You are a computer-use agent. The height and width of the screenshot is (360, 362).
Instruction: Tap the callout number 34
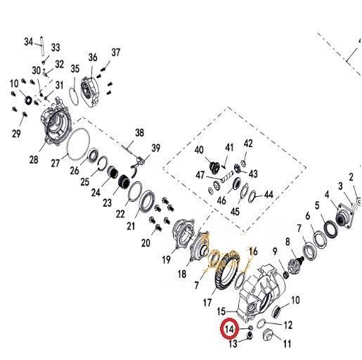(29, 41)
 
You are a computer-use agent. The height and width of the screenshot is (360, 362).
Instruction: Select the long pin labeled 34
(42, 46)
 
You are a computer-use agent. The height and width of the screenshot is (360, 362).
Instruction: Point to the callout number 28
(34, 160)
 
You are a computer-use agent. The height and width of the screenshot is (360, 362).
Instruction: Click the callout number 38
(139, 133)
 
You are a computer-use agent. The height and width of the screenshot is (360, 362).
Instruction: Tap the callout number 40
(199, 150)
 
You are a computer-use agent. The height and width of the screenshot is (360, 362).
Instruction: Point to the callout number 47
(200, 175)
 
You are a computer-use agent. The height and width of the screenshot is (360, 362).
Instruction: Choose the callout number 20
(146, 243)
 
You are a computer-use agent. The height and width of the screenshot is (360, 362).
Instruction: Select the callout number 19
(167, 259)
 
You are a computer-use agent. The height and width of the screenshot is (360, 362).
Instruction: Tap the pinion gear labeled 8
(296, 264)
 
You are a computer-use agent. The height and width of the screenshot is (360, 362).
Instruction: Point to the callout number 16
(253, 252)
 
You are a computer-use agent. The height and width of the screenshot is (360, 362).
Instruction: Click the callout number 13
(233, 344)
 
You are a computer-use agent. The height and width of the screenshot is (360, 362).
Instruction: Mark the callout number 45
(235, 212)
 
